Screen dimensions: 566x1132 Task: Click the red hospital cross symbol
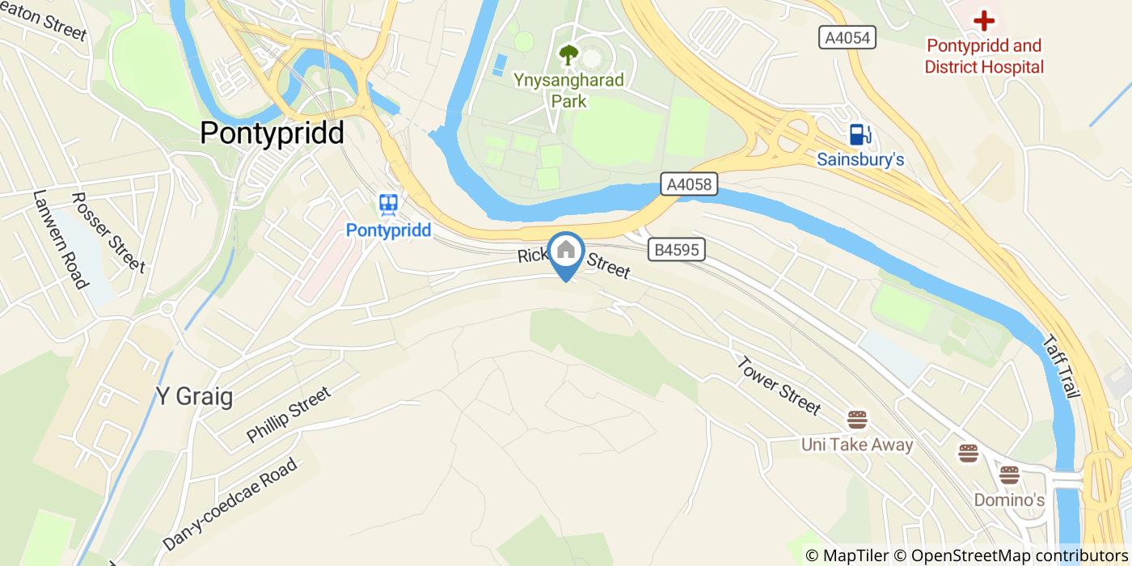[983, 20]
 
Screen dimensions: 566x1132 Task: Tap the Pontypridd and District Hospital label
[984, 57]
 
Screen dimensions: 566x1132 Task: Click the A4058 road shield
[690, 184]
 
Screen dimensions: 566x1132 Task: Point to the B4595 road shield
[677, 251]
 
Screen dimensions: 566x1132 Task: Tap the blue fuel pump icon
[859, 135]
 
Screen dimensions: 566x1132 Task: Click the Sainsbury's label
[860, 159]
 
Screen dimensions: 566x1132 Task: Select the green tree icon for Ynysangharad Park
[568, 55]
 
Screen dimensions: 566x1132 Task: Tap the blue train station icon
[389, 205]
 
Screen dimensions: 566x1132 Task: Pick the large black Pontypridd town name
[272, 133]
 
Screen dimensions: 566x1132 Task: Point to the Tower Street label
[779, 385]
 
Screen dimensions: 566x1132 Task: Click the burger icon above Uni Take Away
[857, 420]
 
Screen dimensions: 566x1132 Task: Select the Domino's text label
[1008, 501]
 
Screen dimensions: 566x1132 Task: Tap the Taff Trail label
[1062, 368]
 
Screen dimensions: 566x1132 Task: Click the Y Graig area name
[194, 397]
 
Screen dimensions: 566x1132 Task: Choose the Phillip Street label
[289, 415]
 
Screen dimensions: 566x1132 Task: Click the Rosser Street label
[108, 232]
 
